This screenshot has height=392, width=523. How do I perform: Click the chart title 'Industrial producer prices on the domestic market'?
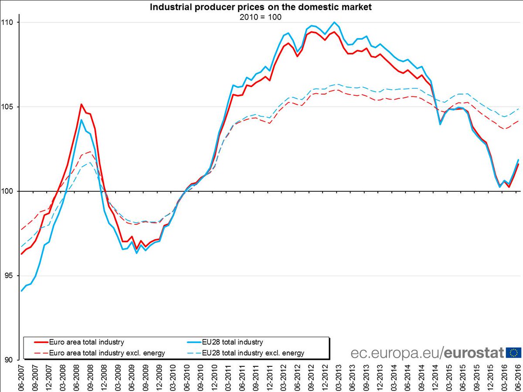pyautogui.click(x=261, y=7)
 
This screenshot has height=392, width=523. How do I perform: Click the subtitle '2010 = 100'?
pyautogui.click(x=261, y=17)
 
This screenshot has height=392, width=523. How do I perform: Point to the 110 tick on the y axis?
pyautogui.click(x=9, y=22)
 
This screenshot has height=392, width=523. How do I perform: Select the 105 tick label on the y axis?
pyautogui.click(x=9, y=107)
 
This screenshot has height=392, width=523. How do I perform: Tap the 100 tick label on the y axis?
pyautogui.click(x=9, y=191)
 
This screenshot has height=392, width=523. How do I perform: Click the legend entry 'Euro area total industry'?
pyautogui.click(x=87, y=342)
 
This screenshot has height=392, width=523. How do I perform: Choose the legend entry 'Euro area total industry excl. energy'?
pyautogui.click(x=107, y=353)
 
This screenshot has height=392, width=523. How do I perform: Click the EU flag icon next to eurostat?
pyautogui.click(x=513, y=352)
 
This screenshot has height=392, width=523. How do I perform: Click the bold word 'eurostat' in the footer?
pyautogui.click(x=475, y=352)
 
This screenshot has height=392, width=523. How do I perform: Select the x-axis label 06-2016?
pyautogui.click(x=518, y=377)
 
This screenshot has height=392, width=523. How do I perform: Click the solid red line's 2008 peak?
pyautogui.click(x=81, y=104)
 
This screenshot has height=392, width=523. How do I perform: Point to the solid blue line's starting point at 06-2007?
pyautogui.click(x=21, y=291)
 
